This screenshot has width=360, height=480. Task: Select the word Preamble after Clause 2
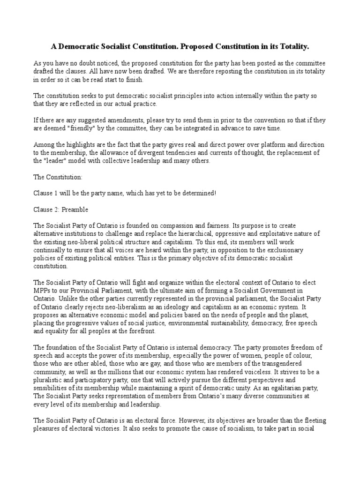pyautogui.click(x=77, y=209)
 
